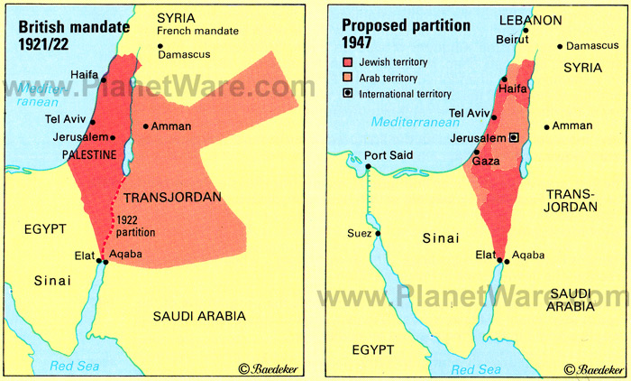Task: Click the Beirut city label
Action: tap(511, 39)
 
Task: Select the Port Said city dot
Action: tap(368, 165)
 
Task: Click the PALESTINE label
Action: tap(91, 155)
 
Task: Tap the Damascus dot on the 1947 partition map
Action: tap(562, 45)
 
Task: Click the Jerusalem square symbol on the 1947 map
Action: tap(514, 137)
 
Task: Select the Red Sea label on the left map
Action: tap(78, 367)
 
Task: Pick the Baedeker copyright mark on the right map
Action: tap(590, 368)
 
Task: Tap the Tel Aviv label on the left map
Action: tap(64, 119)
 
